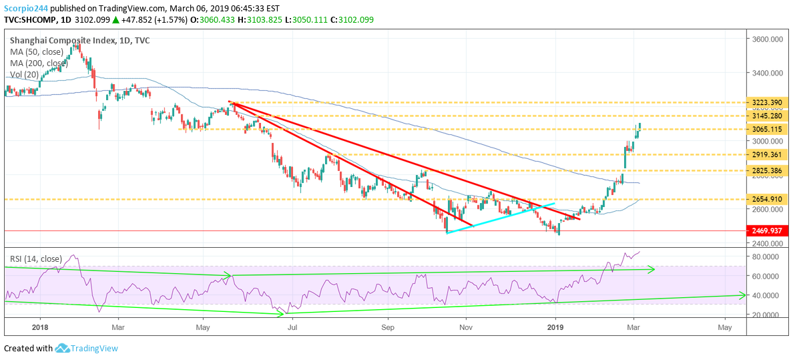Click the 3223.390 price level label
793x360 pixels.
767,103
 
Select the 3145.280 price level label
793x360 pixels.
767,116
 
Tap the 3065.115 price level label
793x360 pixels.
767,130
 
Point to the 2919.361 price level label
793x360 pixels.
767,154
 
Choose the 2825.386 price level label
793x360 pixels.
767,170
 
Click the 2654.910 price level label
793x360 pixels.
767,200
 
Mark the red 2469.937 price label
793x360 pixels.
767,231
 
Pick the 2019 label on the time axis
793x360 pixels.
556,327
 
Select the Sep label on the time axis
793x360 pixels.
387,327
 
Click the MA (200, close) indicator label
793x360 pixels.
39,63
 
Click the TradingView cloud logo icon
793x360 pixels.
62,349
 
